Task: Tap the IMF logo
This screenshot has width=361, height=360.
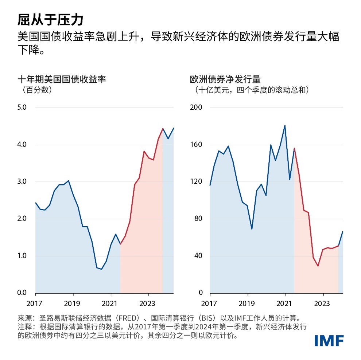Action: [x=329, y=340]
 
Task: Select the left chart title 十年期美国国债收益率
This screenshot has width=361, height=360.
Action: [x=62, y=79]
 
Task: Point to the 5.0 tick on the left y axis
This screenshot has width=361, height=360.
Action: [x=22, y=107]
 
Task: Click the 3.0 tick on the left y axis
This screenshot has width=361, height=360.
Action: [x=22, y=181]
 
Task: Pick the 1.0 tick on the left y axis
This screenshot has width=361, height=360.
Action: [x=22, y=255]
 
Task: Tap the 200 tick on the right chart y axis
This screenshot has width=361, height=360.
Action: [x=196, y=107]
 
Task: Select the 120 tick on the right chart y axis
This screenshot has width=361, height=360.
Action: [x=196, y=181]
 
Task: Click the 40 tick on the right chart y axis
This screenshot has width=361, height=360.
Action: [x=198, y=255]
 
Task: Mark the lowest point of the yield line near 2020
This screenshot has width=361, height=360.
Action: [x=101, y=269]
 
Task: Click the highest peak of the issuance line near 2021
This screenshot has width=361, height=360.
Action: [x=285, y=125]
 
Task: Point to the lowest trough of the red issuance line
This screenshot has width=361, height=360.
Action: [x=318, y=266]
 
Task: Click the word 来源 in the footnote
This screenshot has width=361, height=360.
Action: [x=24, y=317]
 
